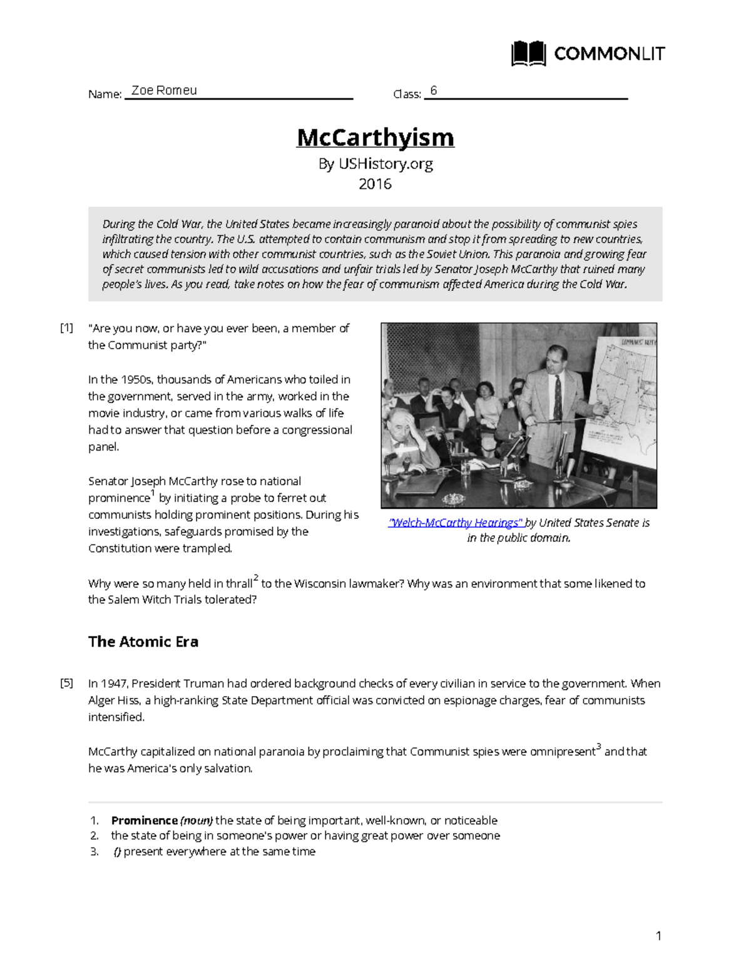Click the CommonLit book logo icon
click(x=529, y=54)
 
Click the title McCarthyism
click(x=375, y=137)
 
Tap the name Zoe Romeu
click(x=164, y=90)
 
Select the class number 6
click(x=433, y=91)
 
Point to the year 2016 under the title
click(x=375, y=184)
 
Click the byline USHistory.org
click(x=386, y=164)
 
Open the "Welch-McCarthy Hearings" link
click(x=455, y=523)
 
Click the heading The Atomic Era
click(x=143, y=642)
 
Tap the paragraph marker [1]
click(x=66, y=328)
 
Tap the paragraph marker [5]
click(x=66, y=683)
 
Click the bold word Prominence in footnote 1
click(x=145, y=821)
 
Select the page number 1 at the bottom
click(x=658, y=936)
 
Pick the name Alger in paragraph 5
click(x=101, y=700)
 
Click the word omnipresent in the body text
click(x=562, y=752)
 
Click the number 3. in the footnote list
click(x=95, y=852)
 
